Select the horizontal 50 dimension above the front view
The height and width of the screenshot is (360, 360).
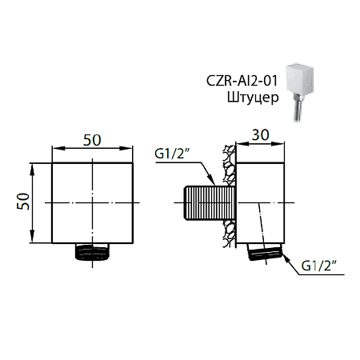click(x=92, y=139)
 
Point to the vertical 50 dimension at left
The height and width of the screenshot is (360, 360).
click(x=24, y=202)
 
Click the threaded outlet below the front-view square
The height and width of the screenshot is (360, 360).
click(x=93, y=252)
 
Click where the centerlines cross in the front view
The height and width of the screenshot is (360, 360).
click(x=93, y=203)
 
